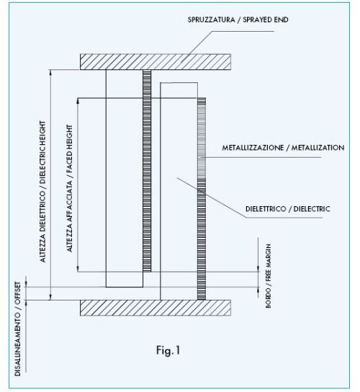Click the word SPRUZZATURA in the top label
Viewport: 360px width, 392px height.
pos(211,19)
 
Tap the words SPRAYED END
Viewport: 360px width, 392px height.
pos(266,19)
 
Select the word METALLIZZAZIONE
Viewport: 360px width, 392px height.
pos(253,148)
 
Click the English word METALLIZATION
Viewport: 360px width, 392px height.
pos(318,148)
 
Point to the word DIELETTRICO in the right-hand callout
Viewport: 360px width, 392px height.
pos(266,209)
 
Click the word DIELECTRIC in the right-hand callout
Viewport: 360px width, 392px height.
pos(312,209)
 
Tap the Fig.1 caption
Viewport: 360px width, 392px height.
pos(168,350)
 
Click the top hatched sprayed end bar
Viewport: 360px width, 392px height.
pos(156,62)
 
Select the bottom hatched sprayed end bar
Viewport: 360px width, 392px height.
pos(156,308)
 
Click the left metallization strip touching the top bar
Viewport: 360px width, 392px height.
pos(147,171)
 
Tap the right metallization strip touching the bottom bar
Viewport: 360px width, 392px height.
pos(202,199)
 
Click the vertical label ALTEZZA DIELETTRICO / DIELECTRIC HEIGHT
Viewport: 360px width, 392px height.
pos(43,192)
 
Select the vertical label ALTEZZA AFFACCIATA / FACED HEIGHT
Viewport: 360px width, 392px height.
pos(70,189)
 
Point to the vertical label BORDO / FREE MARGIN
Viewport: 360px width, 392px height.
pos(268,276)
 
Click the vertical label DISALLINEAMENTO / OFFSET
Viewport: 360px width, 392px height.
pos(18,329)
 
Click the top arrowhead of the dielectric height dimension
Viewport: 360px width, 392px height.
pos(50,73)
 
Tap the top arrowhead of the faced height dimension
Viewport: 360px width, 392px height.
pos(78,101)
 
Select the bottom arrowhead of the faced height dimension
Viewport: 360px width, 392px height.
pos(78,269)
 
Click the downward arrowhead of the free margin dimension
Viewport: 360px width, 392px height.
pos(258,269)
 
